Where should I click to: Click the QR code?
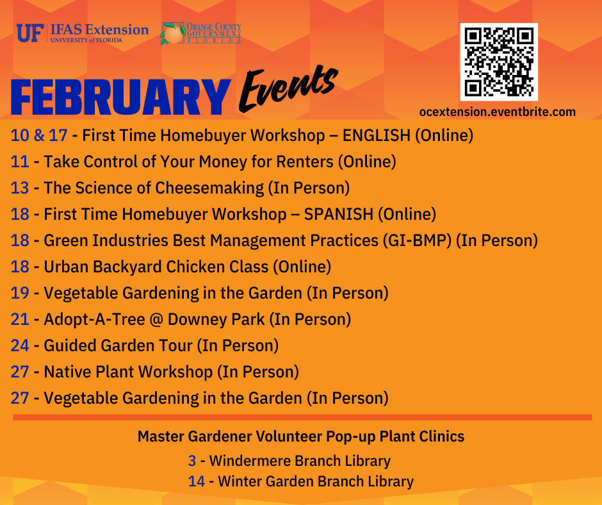click(x=499, y=62)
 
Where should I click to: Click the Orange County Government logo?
click(x=200, y=33)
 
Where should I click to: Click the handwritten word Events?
click(x=289, y=88)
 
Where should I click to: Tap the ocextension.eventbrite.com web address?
click(x=498, y=112)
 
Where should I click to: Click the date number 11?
click(x=20, y=161)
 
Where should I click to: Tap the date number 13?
click(x=20, y=188)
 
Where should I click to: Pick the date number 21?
click(x=20, y=319)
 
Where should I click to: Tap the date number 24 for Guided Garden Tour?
click(x=20, y=345)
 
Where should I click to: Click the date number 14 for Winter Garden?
click(x=197, y=481)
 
